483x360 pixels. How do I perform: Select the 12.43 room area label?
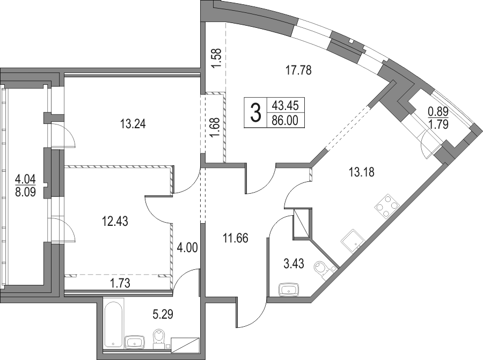pyautogui.click(x=115, y=221)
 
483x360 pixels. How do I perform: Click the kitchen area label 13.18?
pyautogui.click(x=362, y=172)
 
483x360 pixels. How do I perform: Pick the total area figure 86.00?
pyautogui.click(x=285, y=120)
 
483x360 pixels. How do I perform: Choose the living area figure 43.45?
pyautogui.click(x=285, y=106)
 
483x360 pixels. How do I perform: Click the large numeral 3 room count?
pyautogui.click(x=255, y=113)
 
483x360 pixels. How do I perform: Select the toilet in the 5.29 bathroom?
pyautogui.click(x=159, y=339)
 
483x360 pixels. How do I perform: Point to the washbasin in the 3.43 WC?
pyautogui.click(x=289, y=290)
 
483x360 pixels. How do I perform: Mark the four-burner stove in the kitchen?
pyautogui.click(x=387, y=206)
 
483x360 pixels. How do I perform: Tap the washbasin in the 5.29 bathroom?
pyautogui.click(x=134, y=342)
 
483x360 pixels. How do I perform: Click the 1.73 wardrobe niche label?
pyautogui.click(x=120, y=283)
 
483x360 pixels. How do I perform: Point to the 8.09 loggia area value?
pyautogui.click(x=25, y=192)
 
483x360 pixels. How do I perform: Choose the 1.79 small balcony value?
pyautogui.click(x=438, y=124)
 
